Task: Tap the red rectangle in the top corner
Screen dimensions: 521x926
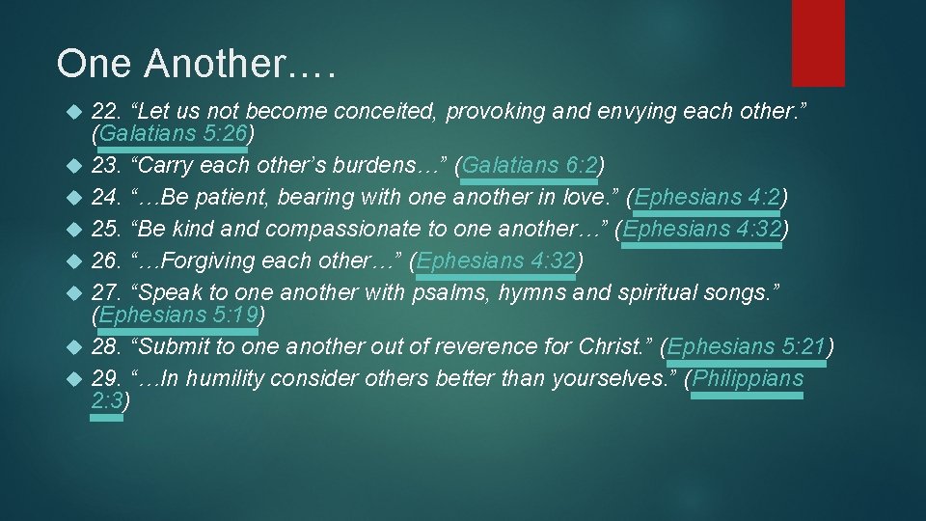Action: (x=818, y=42)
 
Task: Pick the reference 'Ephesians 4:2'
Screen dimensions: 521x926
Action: (x=707, y=198)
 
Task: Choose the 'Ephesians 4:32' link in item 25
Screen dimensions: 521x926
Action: (x=701, y=229)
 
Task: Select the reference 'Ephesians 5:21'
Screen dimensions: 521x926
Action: (x=748, y=346)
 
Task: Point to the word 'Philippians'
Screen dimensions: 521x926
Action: (x=748, y=378)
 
